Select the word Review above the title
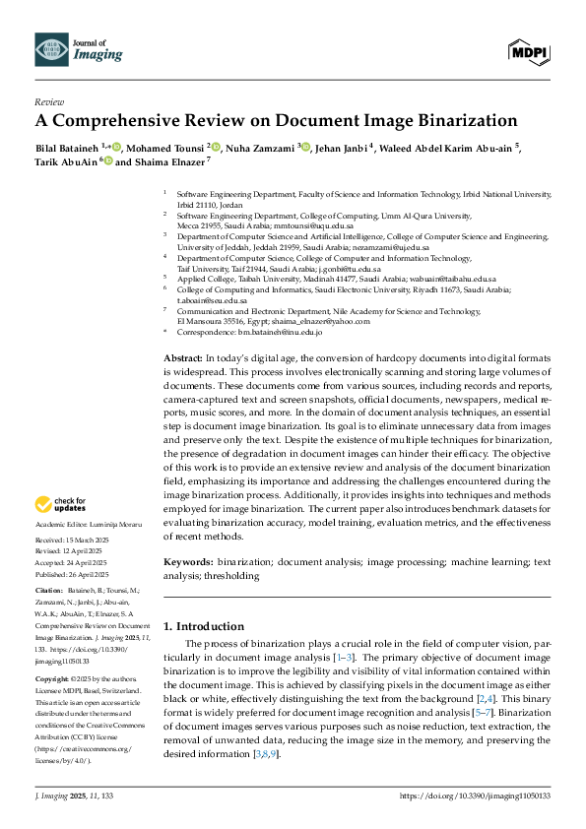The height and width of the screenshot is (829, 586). tap(49, 101)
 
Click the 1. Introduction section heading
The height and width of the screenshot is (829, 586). tap(204, 626)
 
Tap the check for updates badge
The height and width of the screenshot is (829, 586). tap(60, 505)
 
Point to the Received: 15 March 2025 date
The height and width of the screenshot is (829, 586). tap(74, 542)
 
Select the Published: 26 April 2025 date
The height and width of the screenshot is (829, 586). tap(72, 574)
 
